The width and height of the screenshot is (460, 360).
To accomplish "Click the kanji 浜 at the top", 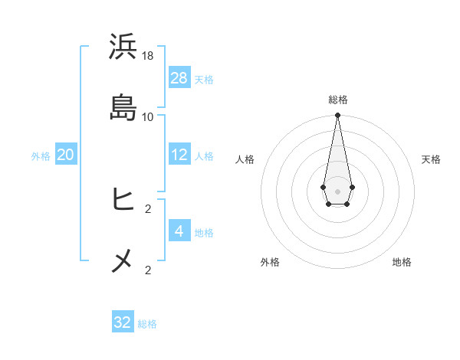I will click(x=123, y=47).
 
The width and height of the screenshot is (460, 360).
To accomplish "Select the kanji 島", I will click(x=123, y=107).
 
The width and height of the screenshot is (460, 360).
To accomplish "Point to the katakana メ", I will click(x=123, y=261).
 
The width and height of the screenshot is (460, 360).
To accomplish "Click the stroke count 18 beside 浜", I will click(x=148, y=56).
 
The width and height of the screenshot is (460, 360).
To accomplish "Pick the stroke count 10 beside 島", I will click(x=148, y=117).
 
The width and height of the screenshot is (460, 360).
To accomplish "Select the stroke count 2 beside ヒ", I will click(x=148, y=208).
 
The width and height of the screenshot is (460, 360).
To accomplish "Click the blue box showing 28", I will click(x=179, y=77).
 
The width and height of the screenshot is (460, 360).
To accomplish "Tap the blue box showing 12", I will click(x=179, y=155).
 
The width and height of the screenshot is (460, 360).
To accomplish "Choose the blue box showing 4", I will click(x=179, y=231).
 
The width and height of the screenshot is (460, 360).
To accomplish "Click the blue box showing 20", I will click(x=66, y=155).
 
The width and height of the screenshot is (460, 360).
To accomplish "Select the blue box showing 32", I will click(x=123, y=322).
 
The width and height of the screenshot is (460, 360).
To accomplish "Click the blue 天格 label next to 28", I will click(x=204, y=79).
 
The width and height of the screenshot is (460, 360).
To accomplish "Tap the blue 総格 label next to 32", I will click(x=147, y=324).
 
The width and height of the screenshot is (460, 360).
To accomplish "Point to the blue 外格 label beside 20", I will click(x=41, y=156).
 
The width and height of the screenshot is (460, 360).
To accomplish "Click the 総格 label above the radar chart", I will click(x=338, y=100).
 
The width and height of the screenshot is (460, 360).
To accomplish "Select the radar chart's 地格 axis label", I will click(x=402, y=263).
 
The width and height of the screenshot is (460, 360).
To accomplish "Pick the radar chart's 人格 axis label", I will click(x=245, y=159).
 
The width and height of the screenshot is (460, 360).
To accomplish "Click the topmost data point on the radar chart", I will click(x=337, y=116).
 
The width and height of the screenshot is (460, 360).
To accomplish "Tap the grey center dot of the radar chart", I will click(x=337, y=190).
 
